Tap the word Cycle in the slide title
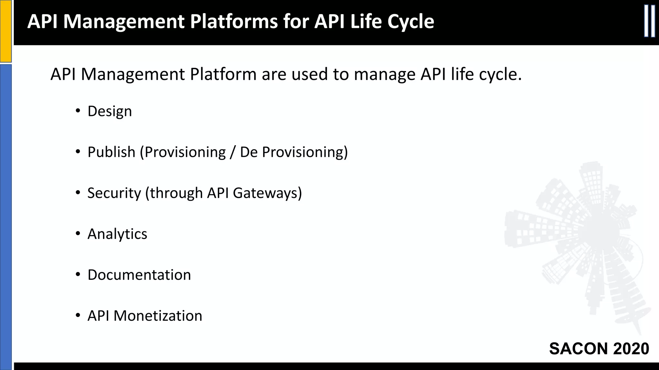(x=411, y=22)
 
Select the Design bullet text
(x=109, y=111)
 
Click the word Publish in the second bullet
(x=111, y=152)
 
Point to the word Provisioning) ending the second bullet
(x=305, y=152)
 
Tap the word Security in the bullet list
(x=114, y=193)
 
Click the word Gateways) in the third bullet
(x=267, y=193)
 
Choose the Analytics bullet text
(x=117, y=234)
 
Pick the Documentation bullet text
(x=139, y=275)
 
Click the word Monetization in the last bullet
(x=158, y=316)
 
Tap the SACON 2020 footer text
(x=599, y=348)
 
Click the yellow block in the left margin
(x=5, y=31)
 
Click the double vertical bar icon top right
(x=649, y=21)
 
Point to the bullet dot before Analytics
(x=78, y=234)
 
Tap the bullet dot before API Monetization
(x=78, y=316)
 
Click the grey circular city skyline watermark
(x=579, y=244)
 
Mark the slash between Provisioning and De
(x=233, y=152)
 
